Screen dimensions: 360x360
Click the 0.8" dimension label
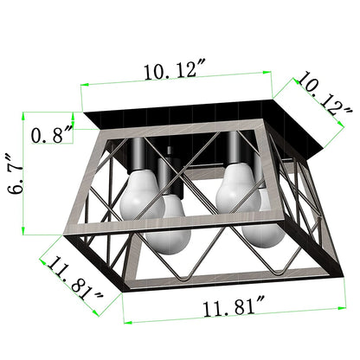[52, 135]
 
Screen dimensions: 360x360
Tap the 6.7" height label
[16, 177]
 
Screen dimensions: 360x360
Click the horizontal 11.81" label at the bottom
[234, 307]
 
